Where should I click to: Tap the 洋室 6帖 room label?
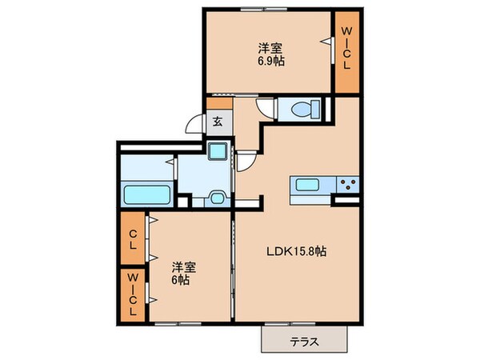point(179,274)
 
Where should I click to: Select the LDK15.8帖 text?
point(296,250)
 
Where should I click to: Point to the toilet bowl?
point(304,109)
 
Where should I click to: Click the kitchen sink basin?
point(308,186)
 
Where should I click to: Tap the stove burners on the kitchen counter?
point(348,186)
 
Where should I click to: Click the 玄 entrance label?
point(217,122)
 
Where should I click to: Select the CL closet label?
point(134,239)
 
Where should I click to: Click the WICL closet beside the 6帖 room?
point(134,294)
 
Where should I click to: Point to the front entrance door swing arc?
point(195,125)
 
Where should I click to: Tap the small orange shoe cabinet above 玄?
point(217,103)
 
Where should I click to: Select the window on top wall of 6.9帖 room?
point(265,9)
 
